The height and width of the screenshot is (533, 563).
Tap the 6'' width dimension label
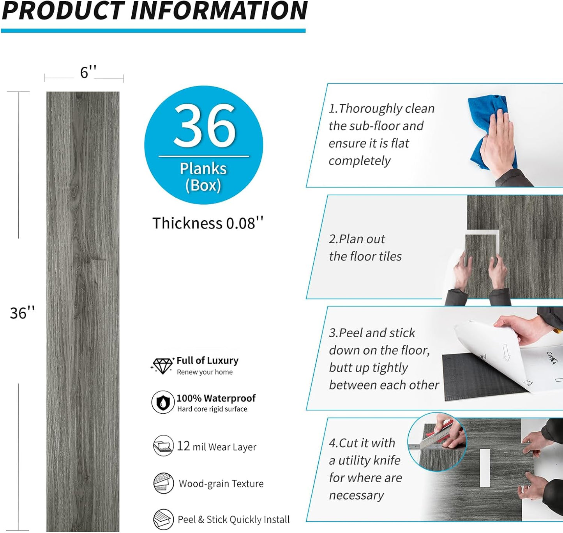point(88,73)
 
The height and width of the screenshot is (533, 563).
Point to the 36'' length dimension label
point(22,313)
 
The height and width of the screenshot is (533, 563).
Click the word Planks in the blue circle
point(203,169)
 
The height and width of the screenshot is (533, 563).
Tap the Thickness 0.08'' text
point(208,223)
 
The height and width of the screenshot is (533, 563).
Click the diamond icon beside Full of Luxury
point(162,366)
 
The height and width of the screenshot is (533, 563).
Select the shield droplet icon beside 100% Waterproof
point(163,402)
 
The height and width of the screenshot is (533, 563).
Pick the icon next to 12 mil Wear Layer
point(163,446)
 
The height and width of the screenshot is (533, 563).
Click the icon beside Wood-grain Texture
point(163,483)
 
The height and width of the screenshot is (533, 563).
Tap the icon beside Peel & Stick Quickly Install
point(163,519)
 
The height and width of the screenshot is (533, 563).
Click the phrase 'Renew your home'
point(205,372)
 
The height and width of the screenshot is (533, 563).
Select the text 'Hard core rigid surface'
point(212,409)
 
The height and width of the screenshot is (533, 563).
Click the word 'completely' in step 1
point(360,161)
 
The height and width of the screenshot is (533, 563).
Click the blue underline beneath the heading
point(153,30)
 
